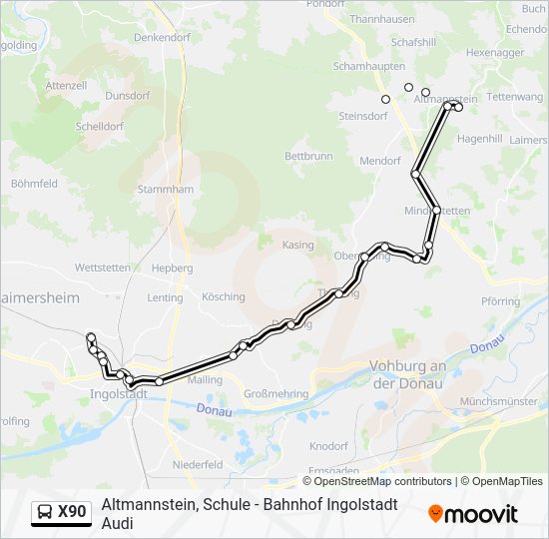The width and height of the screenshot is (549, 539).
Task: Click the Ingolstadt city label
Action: pos(119,393)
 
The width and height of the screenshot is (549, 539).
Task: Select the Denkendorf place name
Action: pos(161,37)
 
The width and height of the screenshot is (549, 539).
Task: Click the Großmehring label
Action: pos(275,393)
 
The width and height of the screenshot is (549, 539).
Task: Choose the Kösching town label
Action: pos(223,296)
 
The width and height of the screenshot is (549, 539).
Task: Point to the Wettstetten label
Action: pos(103,268)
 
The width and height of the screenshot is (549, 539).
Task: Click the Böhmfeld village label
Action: pos(34,184)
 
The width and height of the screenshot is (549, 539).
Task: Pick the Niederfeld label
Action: pos(198,465)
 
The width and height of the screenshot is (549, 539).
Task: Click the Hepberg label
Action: pos(171,268)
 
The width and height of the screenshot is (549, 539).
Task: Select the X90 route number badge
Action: pos(72,512)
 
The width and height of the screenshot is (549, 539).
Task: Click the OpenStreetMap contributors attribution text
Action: pos(383,481)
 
